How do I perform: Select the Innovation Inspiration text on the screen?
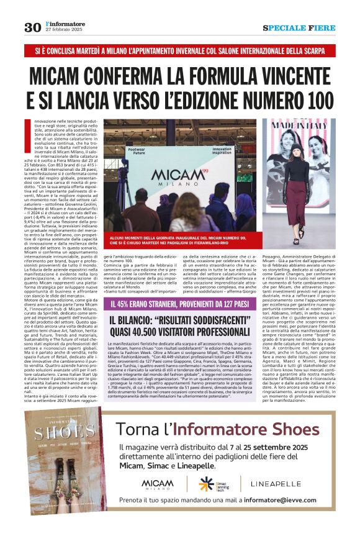[221, 151]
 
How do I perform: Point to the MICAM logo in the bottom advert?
[158, 483]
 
